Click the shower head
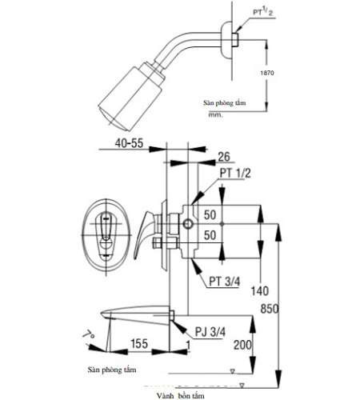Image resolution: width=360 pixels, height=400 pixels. pyautogui.click(x=130, y=94)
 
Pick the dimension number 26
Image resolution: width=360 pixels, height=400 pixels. pyautogui.click(x=225, y=156)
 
